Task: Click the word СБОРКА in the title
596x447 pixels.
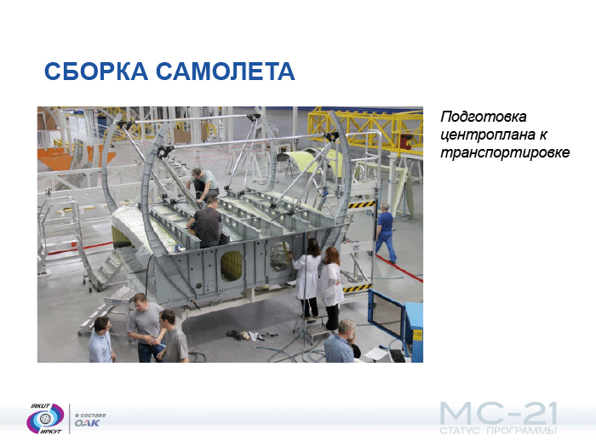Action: click(96, 71)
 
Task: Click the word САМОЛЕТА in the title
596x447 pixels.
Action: click(226, 71)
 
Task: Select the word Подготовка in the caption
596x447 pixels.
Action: click(484, 117)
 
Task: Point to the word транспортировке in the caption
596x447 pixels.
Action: click(505, 152)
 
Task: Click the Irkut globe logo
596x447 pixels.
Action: click(46, 418)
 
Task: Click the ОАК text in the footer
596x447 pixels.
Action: click(87, 423)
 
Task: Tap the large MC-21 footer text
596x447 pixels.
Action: click(499, 414)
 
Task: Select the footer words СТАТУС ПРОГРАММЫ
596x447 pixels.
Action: click(498, 431)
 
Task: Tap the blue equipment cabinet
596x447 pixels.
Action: click(413, 330)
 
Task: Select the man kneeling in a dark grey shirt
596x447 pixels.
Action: click(206, 223)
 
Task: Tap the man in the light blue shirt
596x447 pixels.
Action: click(100, 341)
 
